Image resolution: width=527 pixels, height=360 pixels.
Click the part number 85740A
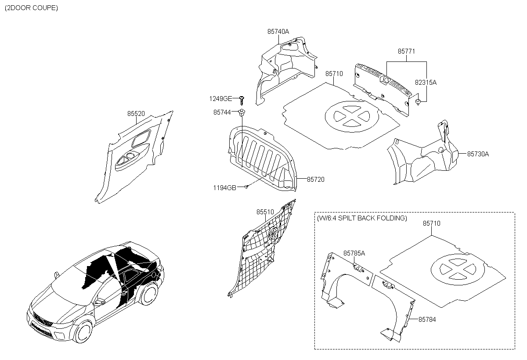tap(278, 32)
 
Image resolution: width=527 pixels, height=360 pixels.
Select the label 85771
tap(406, 51)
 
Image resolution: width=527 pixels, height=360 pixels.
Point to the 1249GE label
tap(220, 98)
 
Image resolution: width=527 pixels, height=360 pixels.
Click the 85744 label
tap(222, 112)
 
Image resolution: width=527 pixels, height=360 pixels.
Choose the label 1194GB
tap(225, 187)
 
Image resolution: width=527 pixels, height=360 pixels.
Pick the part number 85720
tap(316, 179)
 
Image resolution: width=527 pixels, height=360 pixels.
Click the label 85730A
tap(478, 154)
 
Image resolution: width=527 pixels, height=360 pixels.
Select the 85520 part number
tap(136, 113)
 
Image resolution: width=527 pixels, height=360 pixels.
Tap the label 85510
tap(265, 212)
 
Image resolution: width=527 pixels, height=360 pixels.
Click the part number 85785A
tap(354, 253)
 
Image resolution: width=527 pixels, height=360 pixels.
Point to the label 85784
tap(427, 320)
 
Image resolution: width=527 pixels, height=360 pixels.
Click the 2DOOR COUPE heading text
tap(31, 8)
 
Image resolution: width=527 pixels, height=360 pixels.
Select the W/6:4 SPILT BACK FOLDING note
tap(362, 218)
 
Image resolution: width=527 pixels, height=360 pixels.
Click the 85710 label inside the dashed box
tap(431, 223)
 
